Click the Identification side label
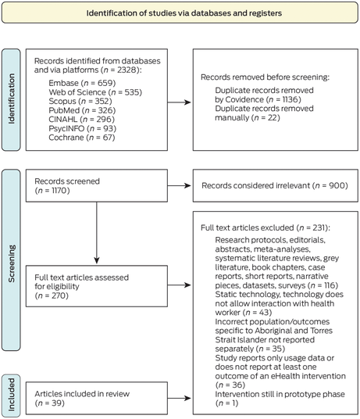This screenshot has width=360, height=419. pos(11,98)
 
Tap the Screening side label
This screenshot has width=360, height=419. pos(11,263)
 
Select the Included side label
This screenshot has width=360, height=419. pos(11,395)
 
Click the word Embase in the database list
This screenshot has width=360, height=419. pos(63,83)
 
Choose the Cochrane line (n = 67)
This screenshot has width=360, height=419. pos(82,138)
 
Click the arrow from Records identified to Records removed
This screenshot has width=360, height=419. pos(179,102)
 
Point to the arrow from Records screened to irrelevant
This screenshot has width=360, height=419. pos(179,186)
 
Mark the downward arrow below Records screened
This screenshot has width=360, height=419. pos(97,233)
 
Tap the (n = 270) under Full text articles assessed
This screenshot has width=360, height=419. pos(52,295)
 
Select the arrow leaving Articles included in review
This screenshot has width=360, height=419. pos(179,399)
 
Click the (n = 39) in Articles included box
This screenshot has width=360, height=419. pos(50,403)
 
